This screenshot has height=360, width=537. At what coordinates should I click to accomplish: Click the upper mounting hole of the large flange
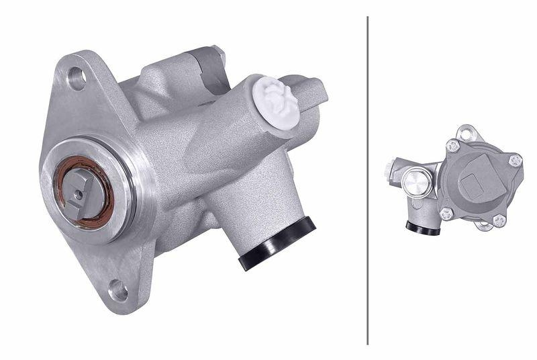click(77, 79)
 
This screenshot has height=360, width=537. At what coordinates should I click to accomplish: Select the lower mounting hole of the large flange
click(118, 291)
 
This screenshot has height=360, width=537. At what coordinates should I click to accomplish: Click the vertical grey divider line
click(368, 180)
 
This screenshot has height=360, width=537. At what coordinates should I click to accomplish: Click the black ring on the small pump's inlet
click(422, 228)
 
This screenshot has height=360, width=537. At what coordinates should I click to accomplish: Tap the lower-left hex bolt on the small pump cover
click(446, 213)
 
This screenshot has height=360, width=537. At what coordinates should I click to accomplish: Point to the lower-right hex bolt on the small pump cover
click(499, 219)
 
